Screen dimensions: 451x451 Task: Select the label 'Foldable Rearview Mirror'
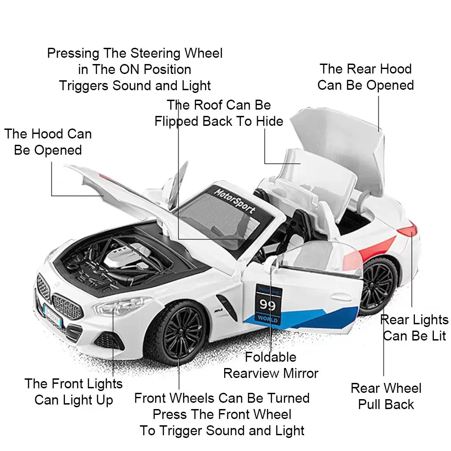tap(271, 365)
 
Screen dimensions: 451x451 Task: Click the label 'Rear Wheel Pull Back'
tap(386, 396)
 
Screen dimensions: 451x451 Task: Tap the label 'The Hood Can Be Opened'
tap(48, 142)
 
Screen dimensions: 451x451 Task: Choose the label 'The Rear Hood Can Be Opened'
tap(365, 77)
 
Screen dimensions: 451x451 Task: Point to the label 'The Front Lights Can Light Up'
tap(74, 391)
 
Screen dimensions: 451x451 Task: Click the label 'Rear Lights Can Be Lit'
tap(414, 328)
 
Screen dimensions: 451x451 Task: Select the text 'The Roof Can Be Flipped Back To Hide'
tap(219, 113)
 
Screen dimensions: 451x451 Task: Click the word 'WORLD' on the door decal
tap(268, 319)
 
